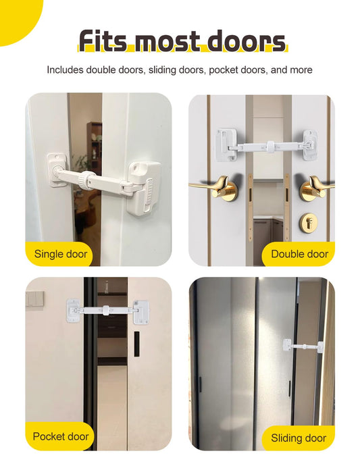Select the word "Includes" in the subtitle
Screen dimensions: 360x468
pos(65,70)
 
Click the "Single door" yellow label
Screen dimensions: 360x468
pos(59,254)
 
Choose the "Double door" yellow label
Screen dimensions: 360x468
pos(299,254)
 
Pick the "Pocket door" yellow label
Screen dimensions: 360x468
pos(59,436)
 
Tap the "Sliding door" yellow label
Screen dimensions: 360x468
pos(299,438)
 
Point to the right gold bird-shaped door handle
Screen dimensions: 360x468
pos(315,187)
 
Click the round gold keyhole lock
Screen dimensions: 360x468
pos(309,221)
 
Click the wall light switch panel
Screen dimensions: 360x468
pos(34,298)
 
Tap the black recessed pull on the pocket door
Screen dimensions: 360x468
pos(136,344)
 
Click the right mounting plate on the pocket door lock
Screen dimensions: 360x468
pos(141,312)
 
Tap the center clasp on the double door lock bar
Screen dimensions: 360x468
pos(271,147)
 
